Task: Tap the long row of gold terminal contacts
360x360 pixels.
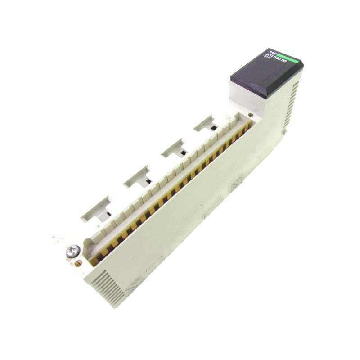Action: tap(171, 189)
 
